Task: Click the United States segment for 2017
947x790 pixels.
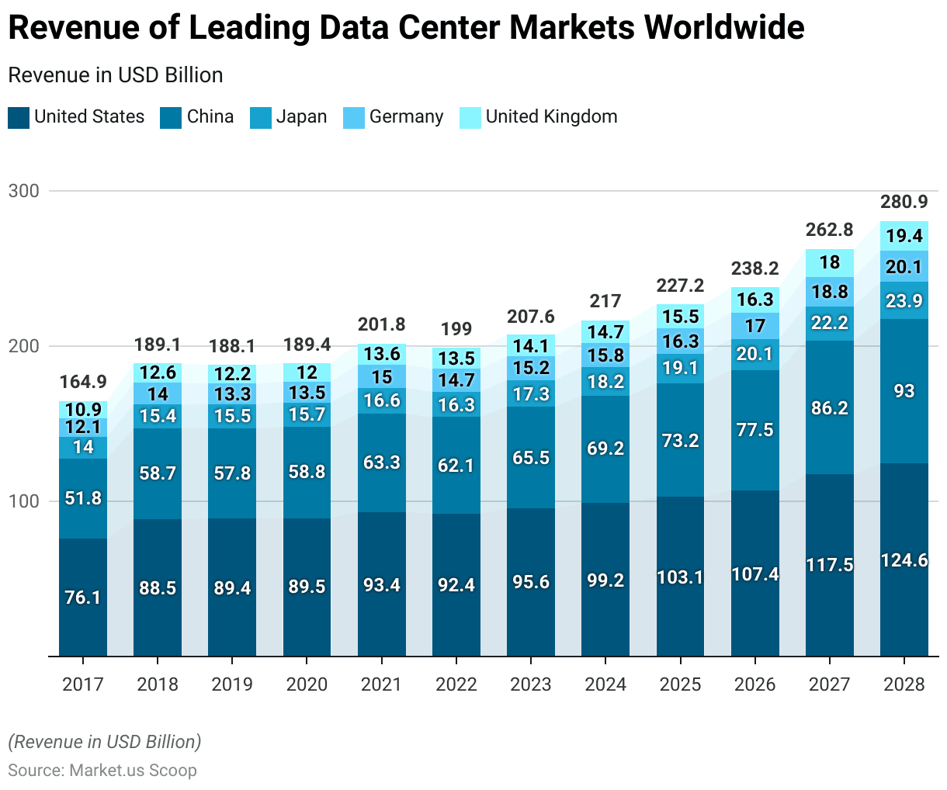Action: click(83, 597)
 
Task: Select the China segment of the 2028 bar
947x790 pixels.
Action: click(904, 391)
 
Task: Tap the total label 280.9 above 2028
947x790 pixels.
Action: click(904, 202)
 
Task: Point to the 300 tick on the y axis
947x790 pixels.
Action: click(23, 191)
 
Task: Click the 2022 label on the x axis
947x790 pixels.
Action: click(456, 684)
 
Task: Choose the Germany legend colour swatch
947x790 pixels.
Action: click(354, 118)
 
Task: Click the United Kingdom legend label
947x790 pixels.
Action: click(551, 116)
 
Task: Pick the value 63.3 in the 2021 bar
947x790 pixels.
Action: click(382, 463)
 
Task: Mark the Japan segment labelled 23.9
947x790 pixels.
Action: click(904, 300)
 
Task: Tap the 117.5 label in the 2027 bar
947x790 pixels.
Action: click(830, 565)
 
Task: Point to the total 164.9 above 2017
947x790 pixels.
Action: click(83, 382)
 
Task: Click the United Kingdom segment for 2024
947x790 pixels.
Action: click(605, 332)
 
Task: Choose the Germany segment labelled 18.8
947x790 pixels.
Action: click(830, 292)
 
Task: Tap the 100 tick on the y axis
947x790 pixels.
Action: click(23, 501)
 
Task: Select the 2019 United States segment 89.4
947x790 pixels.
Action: click(232, 587)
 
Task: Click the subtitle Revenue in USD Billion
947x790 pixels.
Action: click(116, 75)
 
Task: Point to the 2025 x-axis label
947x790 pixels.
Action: click(680, 684)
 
